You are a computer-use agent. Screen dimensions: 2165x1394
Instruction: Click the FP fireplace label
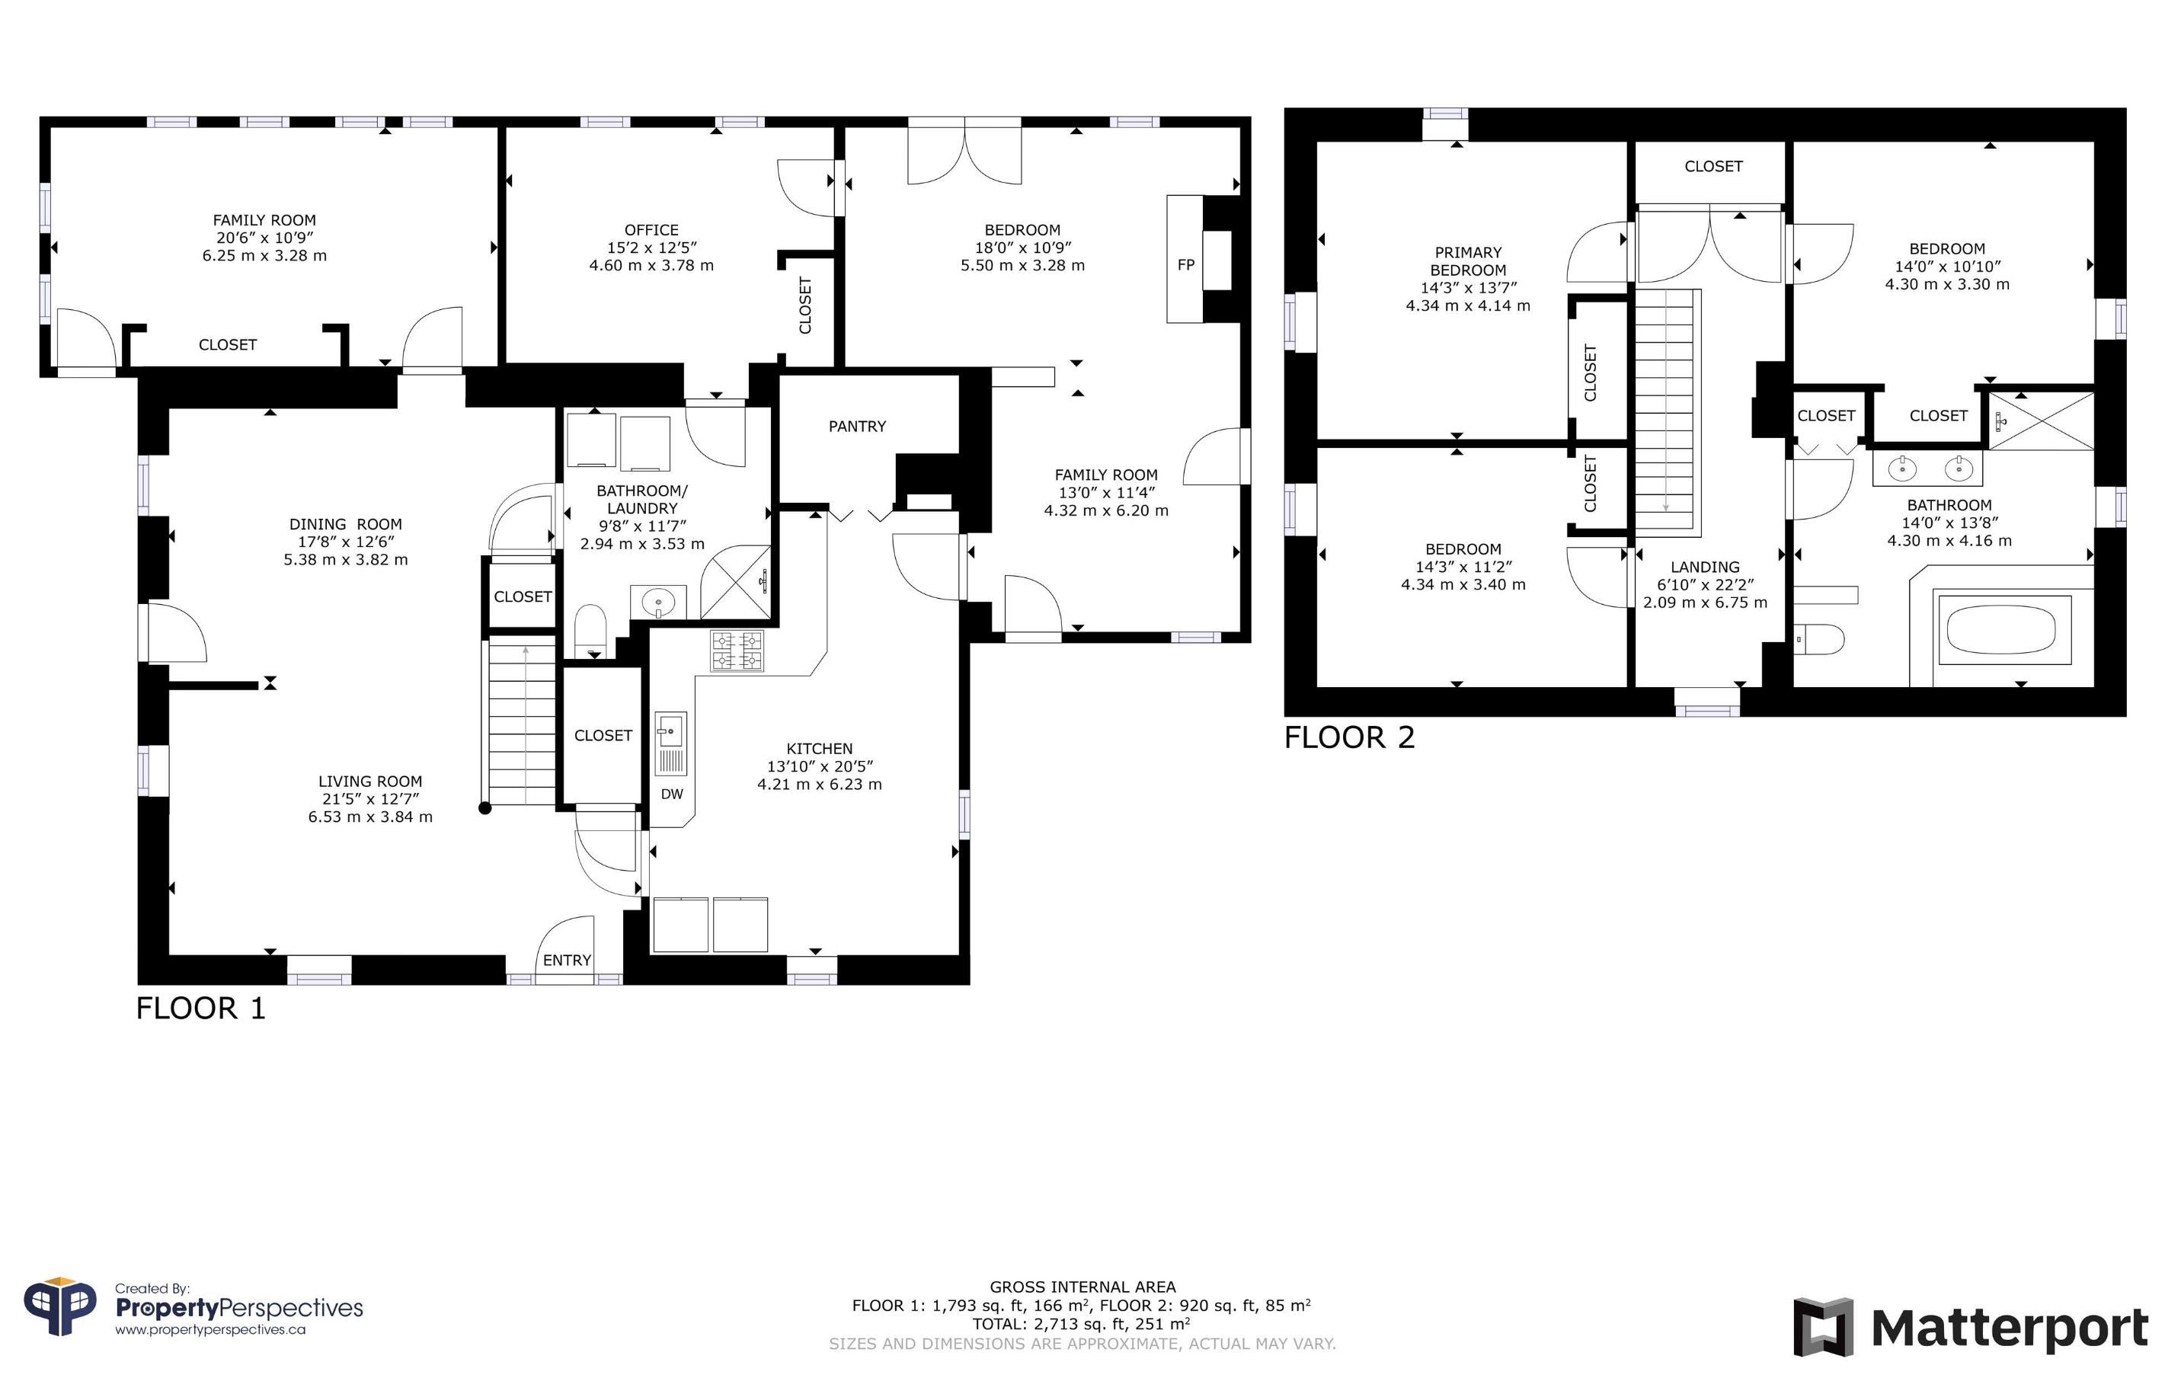[1185, 265]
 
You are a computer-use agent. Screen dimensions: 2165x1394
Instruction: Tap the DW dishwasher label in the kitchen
[672, 795]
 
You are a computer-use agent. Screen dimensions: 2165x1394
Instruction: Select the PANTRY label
[857, 427]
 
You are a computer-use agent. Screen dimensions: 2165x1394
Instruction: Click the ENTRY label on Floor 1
[568, 961]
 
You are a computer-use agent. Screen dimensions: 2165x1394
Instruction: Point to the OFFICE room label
[651, 230]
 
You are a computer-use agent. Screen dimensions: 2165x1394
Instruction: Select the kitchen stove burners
[737, 651]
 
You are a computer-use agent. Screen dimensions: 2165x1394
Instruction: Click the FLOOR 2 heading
[1348, 737]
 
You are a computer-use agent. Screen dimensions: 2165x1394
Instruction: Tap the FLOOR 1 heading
[201, 1009]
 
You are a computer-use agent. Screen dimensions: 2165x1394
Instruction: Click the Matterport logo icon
[1824, 1328]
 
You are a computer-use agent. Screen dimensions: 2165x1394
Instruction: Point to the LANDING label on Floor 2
[1705, 568]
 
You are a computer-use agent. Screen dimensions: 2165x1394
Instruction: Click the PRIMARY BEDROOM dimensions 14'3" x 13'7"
[1468, 288]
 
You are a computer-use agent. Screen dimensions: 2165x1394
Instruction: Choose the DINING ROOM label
[346, 524]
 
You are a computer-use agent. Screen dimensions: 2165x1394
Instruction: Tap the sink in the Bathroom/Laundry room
[658, 601]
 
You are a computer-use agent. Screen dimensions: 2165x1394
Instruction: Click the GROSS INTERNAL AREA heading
[1082, 1287]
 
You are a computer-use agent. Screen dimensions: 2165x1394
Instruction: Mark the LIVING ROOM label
[370, 782]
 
